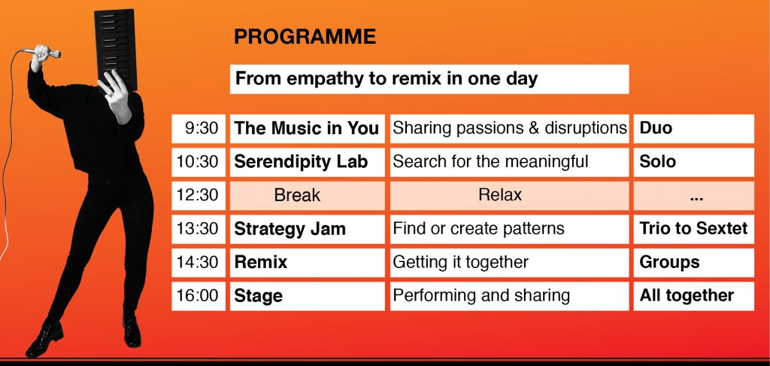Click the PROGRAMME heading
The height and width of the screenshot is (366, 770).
[305, 37]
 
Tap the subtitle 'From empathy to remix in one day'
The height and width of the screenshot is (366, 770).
[429, 79]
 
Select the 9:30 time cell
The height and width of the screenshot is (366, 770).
[199, 128]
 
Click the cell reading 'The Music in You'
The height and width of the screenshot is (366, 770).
[307, 128]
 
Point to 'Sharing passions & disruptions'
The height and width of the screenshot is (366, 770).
[509, 128]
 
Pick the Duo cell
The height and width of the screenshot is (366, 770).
[693, 128]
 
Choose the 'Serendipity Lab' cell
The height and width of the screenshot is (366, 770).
[307, 162]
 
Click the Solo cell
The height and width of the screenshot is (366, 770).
[693, 162]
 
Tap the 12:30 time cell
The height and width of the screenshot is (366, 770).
[199, 195]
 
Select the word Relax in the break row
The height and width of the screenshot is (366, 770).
[500, 195]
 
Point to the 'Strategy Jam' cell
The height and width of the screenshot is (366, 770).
[307, 229]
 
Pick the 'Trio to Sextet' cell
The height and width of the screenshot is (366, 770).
[693, 229]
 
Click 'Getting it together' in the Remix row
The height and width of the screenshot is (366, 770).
[460, 262]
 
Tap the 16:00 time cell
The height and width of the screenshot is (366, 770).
[199, 296]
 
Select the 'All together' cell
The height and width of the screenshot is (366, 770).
[693, 296]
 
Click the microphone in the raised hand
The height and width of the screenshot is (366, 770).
[43, 52]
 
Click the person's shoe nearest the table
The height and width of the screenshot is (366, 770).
[131, 331]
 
